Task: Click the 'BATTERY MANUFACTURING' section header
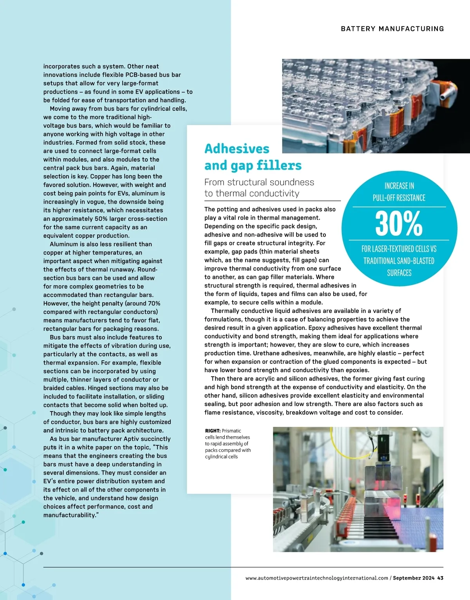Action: click(392, 29)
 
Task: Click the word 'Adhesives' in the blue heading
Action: click(237, 149)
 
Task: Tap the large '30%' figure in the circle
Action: click(399, 224)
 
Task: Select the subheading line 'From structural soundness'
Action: click(259, 182)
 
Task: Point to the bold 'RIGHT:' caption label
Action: click(213, 431)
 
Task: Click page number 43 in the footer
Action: click(440, 578)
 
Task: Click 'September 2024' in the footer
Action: click(414, 578)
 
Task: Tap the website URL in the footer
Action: click(316, 578)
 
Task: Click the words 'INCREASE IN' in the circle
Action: click(399, 186)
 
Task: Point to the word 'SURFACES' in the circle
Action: click(399, 273)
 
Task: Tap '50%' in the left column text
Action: click(102, 219)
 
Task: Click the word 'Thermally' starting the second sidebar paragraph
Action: click(226, 311)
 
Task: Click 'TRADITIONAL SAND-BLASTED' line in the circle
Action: click(399, 261)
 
